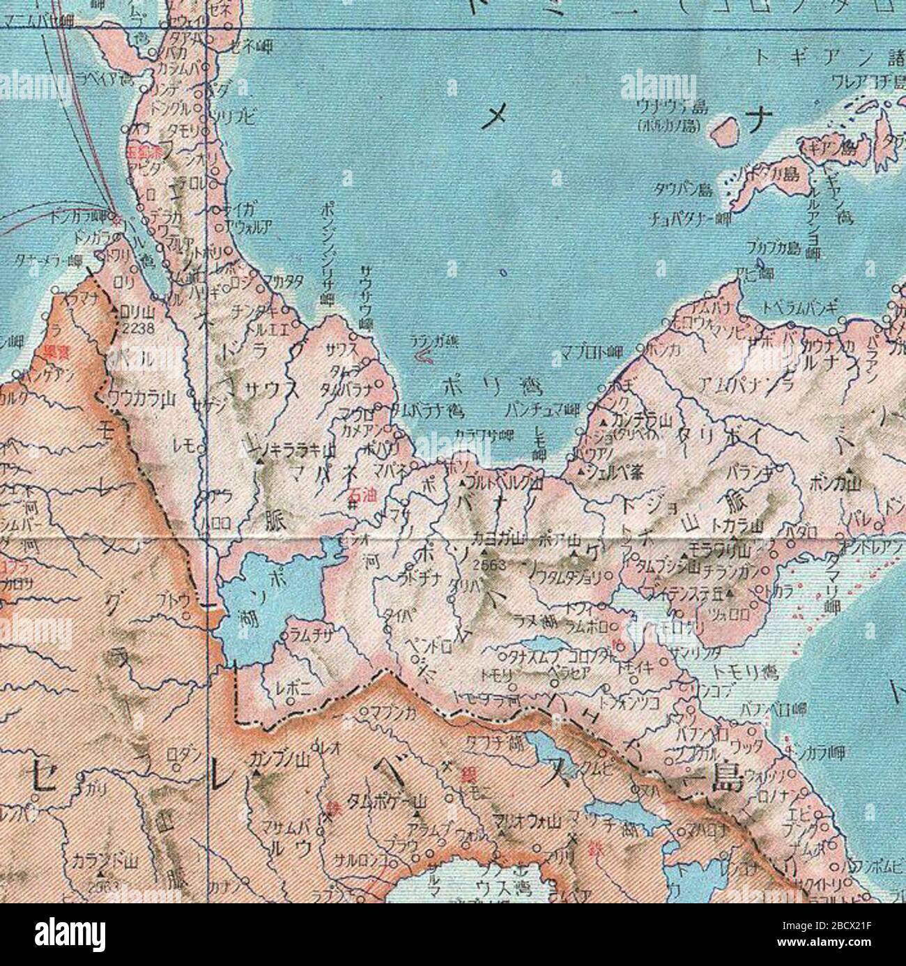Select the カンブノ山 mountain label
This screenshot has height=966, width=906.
pos(278,757)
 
